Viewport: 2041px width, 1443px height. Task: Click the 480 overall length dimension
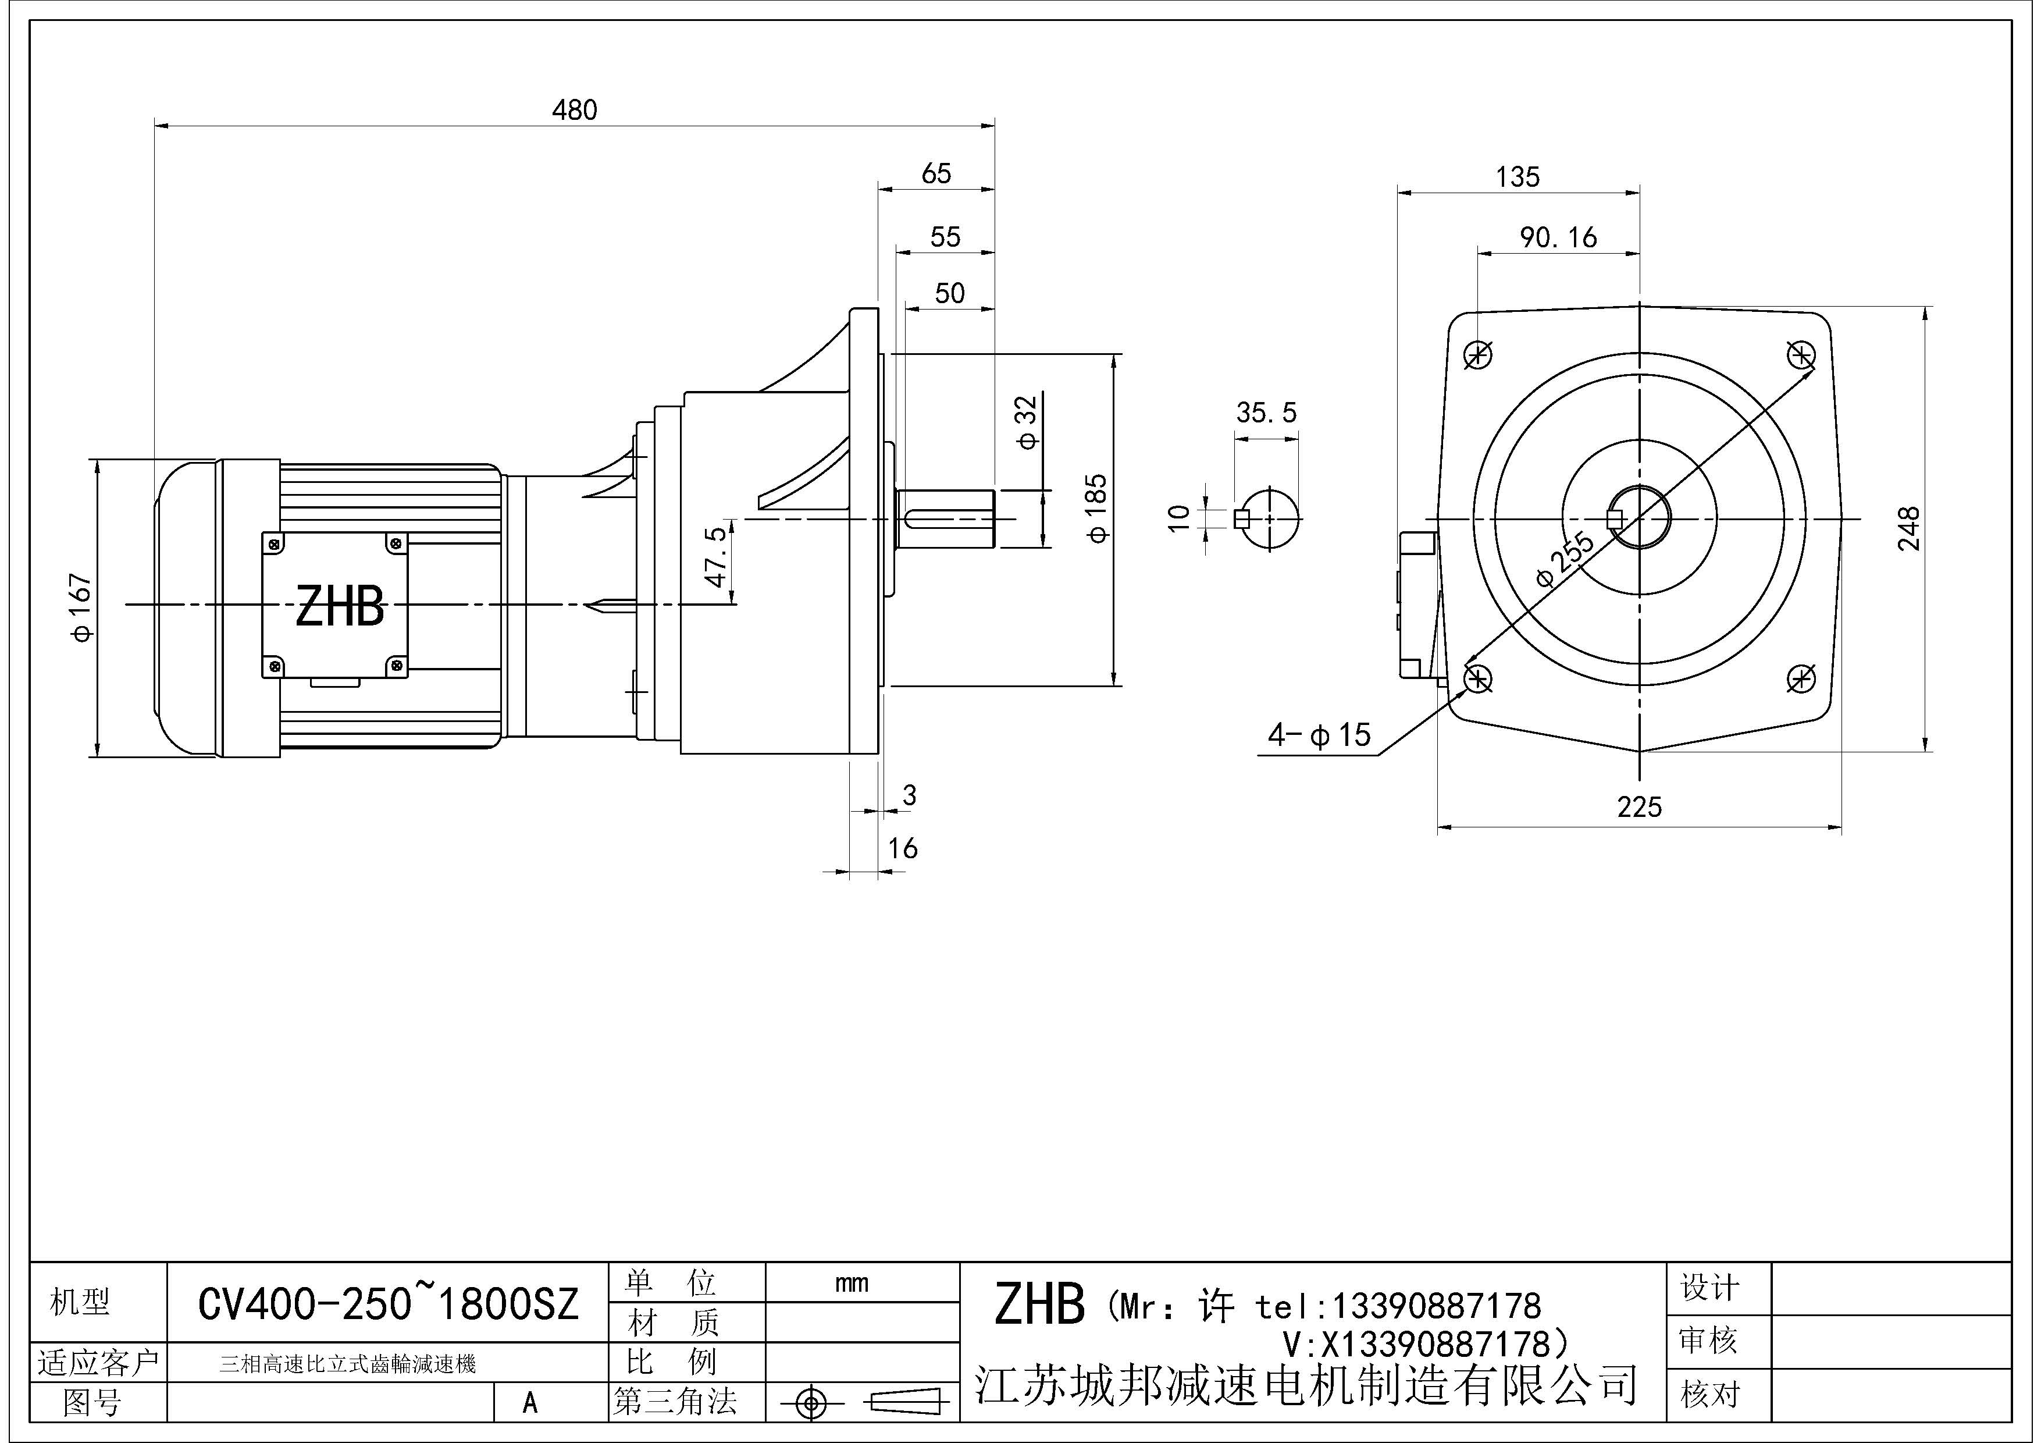coord(574,110)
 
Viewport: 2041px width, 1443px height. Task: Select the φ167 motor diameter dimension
coord(81,607)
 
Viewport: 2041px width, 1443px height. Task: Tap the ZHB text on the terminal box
coord(340,607)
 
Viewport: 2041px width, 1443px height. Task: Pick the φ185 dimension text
coord(1098,508)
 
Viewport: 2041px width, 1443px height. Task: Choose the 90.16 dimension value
coord(1558,237)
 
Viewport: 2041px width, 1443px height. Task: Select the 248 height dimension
coord(1908,529)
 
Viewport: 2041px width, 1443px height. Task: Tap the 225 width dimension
coord(1639,807)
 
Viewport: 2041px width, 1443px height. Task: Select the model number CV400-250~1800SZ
coord(387,1305)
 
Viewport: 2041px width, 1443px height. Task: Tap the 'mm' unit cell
coord(852,1283)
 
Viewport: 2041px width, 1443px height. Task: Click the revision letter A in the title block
coord(530,1403)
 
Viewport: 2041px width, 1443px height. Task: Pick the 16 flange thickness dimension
coord(902,848)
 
